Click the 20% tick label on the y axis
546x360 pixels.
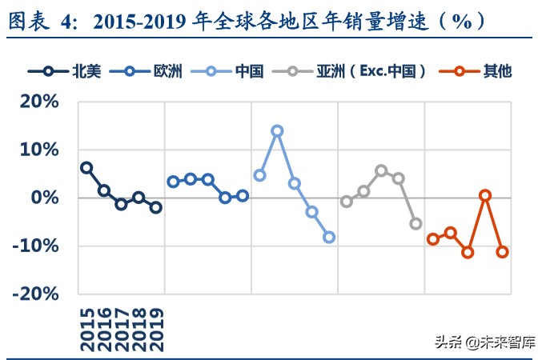coord(37,102)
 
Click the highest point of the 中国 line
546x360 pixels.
coord(277,130)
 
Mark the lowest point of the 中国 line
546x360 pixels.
coord(329,237)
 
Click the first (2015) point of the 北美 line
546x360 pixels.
coord(86,167)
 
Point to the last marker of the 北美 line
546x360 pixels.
coord(156,207)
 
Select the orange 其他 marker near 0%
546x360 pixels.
coord(485,195)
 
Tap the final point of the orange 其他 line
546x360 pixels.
coord(503,252)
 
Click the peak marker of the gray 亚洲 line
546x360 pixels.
coord(381,170)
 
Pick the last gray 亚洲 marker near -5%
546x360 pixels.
coord(416,224)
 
